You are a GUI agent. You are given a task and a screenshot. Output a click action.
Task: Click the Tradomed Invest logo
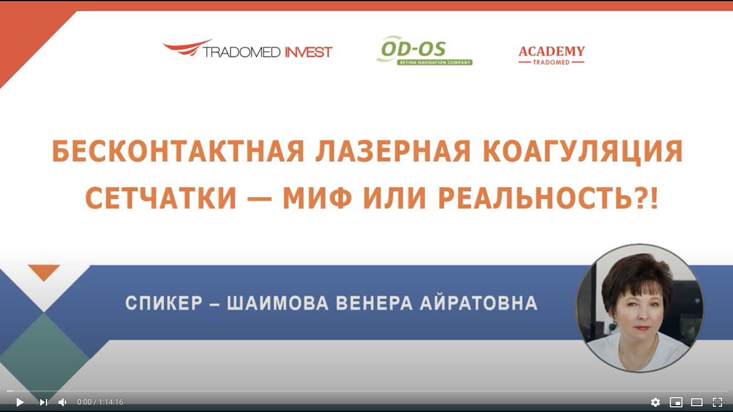point(247,50)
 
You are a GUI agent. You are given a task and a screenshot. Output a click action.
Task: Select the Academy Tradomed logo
point(551,55)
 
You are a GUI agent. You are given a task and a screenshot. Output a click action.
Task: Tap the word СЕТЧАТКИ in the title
point(161,197)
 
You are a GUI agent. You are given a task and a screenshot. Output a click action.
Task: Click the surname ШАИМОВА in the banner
point(278,303)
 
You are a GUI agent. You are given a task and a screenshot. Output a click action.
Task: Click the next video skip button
point(44,402)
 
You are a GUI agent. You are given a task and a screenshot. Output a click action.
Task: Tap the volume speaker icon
point(62,402)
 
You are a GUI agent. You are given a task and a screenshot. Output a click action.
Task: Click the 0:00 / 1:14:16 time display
point(100,402)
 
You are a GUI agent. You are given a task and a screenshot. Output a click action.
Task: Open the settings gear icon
point(656,402)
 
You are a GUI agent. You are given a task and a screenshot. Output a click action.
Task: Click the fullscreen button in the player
point(717,402)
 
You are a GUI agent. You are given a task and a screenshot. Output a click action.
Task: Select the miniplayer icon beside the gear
point(676,402)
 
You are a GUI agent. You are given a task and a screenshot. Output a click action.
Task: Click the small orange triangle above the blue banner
point(44,271)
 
